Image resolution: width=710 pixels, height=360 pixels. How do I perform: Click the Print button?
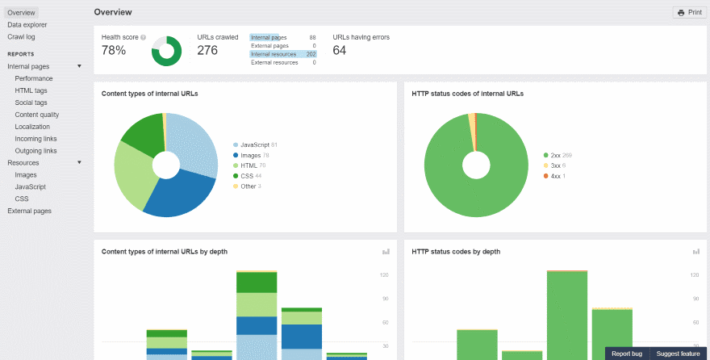click(x=690, y=13)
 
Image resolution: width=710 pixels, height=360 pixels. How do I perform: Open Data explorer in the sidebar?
click(x=27, y=25)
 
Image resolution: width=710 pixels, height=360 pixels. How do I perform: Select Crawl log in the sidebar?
click(x=21, y=37)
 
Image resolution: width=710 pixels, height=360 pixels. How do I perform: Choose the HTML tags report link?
click(x=31, y=90)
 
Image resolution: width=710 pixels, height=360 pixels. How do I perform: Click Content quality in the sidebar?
click(x=37, y=115)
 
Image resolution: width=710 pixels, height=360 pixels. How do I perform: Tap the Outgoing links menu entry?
click(x=36, y=151)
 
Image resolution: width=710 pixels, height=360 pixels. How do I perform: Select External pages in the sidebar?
click(x=29, y=211)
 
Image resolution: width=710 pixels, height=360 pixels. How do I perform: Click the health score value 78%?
click(x=114, y=51)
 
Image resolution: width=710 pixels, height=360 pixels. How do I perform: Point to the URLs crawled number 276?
click(x=208, y=51)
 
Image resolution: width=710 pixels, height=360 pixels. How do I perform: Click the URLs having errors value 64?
click(x=340, y=51)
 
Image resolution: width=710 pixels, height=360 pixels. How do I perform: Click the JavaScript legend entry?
click(x=255, y=144)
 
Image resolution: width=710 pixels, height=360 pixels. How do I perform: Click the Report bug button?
click(x=627, y=354)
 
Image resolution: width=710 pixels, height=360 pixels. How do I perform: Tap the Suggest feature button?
click(x=678, y=354)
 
